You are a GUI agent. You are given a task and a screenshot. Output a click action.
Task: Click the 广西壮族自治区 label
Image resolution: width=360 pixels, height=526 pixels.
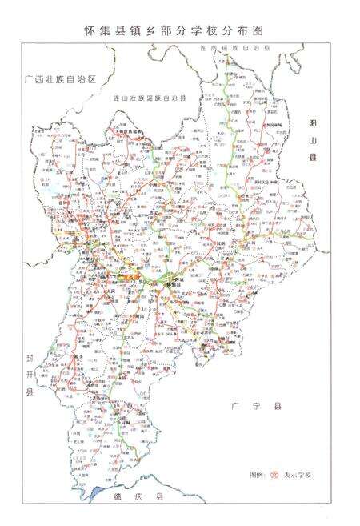pos(60,80)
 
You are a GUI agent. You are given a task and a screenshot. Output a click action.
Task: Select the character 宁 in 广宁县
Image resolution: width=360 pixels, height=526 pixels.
pos(256,406)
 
